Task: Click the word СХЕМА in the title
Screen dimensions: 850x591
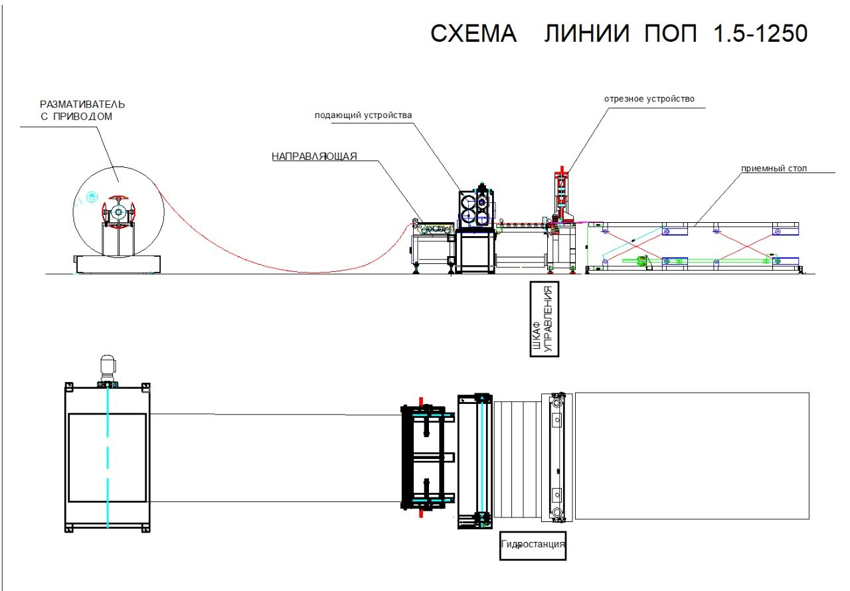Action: tap(473, 33)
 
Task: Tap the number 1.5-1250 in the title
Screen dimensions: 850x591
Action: tap(760, 33)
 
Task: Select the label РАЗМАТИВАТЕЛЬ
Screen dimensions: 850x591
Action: tap(82, 104)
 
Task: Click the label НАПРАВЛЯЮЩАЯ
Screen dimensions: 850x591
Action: tap(314, 156)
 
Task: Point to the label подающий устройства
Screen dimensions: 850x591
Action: tap(363, 115)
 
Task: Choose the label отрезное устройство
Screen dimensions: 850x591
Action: tap(649, 99)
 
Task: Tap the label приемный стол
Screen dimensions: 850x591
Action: tap(774, 168)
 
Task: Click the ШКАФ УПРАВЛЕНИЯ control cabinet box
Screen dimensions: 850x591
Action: tap(544, 319)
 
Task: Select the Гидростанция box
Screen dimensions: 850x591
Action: tap(533, 546)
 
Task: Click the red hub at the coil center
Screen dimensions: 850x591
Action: tap(118, 212)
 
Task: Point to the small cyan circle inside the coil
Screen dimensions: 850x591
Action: tap(92, 197)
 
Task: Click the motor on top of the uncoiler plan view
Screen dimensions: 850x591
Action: tap(108, 371)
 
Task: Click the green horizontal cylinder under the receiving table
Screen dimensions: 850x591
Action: tap(698, 261)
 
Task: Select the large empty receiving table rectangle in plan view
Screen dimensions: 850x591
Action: tap(692, 456)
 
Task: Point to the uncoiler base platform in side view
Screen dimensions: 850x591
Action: tap(118, 264)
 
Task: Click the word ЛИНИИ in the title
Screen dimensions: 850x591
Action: tap(586, 33)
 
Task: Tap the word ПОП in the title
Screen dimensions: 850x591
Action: tap(671, 33)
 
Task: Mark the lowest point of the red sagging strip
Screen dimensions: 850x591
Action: tap(312, 273)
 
